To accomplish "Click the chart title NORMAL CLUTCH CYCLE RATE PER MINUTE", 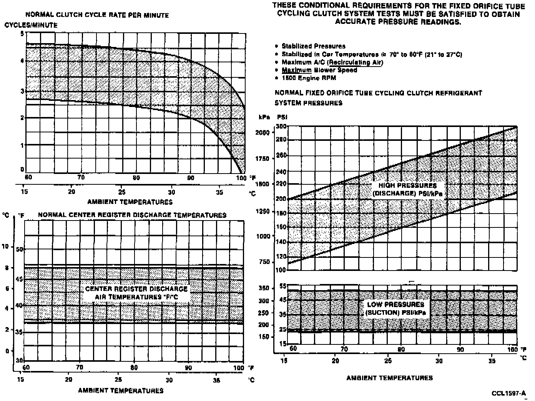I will tap(97, 15).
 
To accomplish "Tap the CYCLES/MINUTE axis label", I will tap(31, 25).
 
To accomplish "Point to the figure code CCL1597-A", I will tap(508, 393).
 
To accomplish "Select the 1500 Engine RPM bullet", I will tap(309, 78).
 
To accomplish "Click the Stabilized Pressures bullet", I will tap(313, 46).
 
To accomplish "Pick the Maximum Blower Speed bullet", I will tap(319, 70).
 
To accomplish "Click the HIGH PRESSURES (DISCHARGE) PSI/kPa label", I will tap(407, 189).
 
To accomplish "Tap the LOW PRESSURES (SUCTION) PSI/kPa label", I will tap(395, 309).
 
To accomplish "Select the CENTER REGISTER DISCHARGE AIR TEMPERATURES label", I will tap(136, 293).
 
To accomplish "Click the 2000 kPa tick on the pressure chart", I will tap(263, 132).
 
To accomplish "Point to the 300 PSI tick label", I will tap(281, 126).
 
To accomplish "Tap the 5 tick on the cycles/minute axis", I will tap(22, 33).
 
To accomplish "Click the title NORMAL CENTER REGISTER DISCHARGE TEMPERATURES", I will tap(132, 215).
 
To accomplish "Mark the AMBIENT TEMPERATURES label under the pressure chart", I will tap(389, 378).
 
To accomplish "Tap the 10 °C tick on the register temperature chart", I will tap(6, 246).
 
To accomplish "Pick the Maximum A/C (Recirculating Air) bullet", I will tap(332, 62).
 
